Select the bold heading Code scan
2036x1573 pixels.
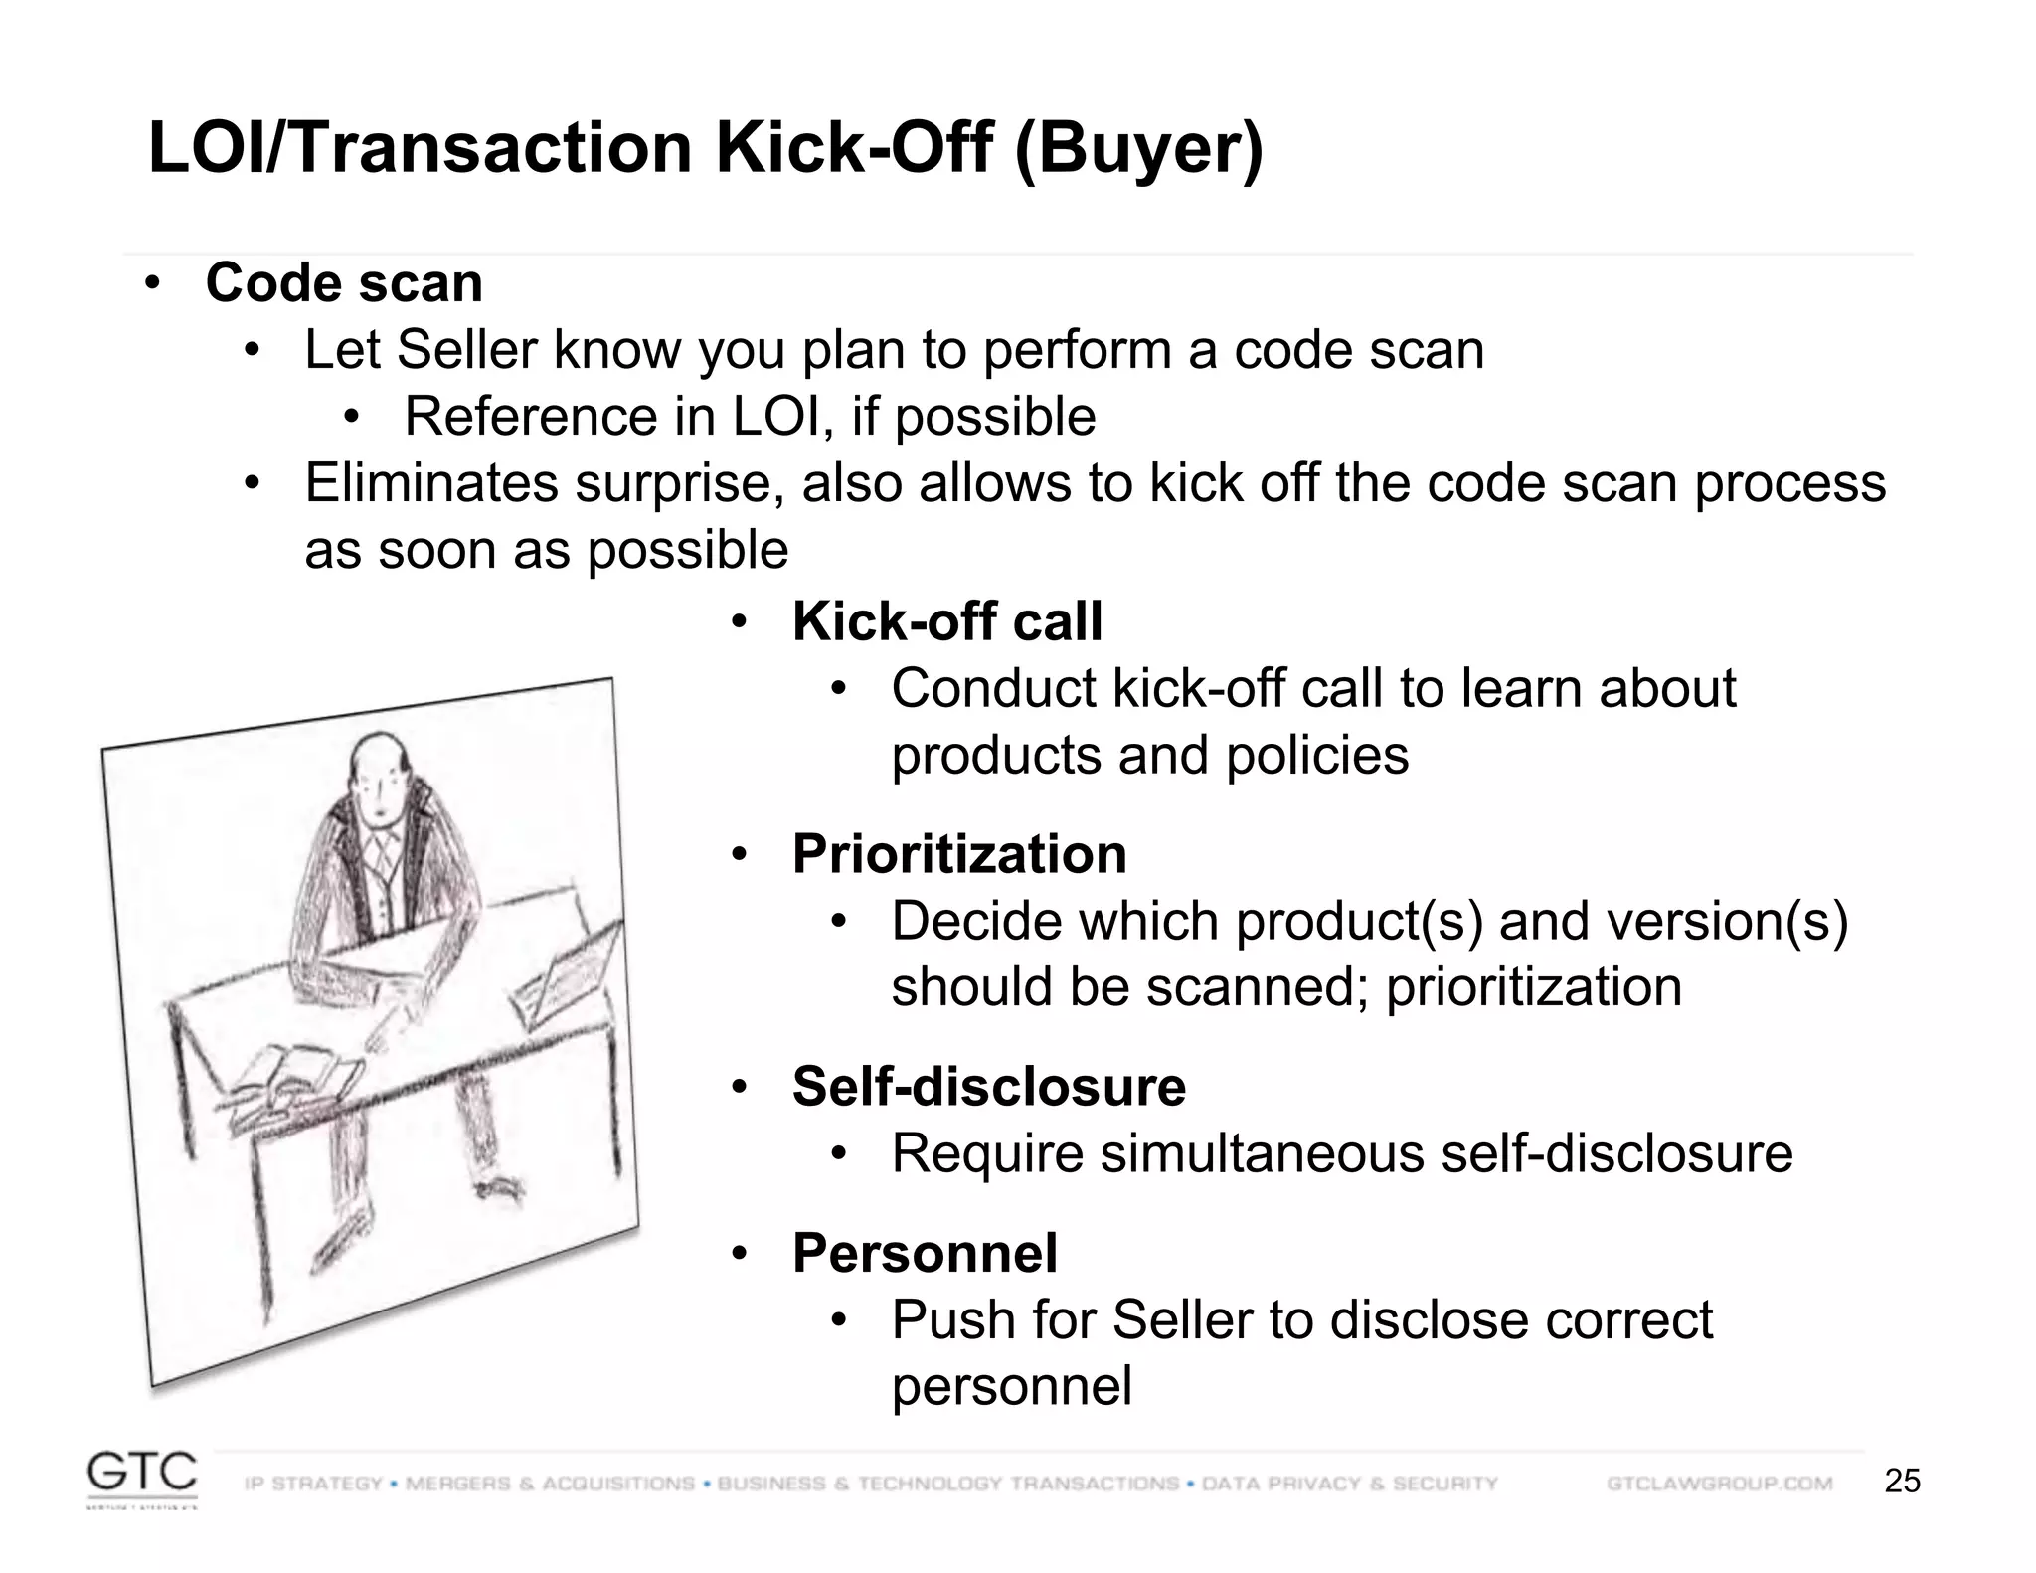click(x=344, y=283)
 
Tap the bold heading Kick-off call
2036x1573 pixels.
click(x=946, y=622)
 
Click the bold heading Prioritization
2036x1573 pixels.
click(x=959, y=855)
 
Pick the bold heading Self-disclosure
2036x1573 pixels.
click(x=988, y=1087)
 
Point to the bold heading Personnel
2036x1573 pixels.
click(x=925, y=1253)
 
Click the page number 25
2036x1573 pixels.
click(x=1902, y=1482)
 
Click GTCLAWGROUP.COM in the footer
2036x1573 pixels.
click(x=1719, y=1484)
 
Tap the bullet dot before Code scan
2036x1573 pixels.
click(x=151, y=283)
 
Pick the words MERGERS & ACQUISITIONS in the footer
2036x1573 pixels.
click(x=550, y=1484)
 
